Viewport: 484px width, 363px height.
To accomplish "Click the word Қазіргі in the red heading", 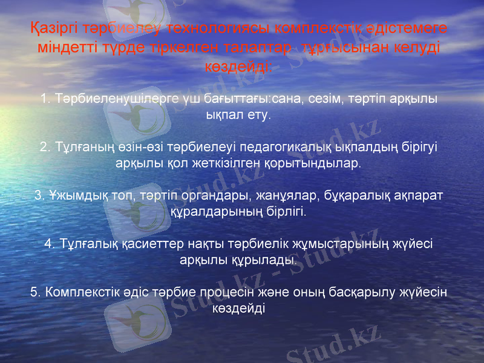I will (x=51, y=28).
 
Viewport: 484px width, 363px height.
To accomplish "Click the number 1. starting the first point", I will (x=46, y=98).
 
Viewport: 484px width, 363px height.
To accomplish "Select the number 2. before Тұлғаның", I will (x=45, y=147).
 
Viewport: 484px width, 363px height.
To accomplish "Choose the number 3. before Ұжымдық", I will (x=40, y=195).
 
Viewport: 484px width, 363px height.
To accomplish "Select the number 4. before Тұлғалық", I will (x=50, y=244).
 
